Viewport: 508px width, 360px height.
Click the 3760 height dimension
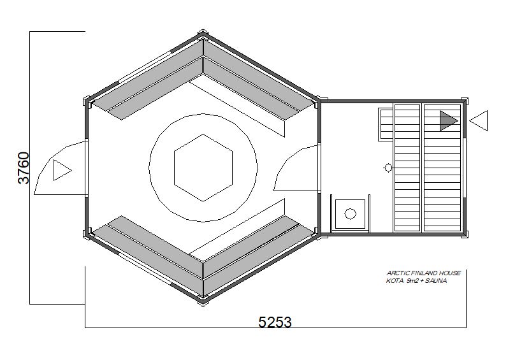click(x=24, y=168)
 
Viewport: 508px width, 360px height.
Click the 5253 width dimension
click(x=275, y=322)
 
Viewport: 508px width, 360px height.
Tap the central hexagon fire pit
click(x=203, y=168)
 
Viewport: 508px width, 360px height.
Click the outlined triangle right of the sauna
click(x=479, y=120)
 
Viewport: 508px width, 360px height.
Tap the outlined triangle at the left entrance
click(x=62, y=170)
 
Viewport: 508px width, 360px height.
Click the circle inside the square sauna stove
click(x=350, y=213)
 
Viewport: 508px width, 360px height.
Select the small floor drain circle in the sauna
click(x=388, y=168)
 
